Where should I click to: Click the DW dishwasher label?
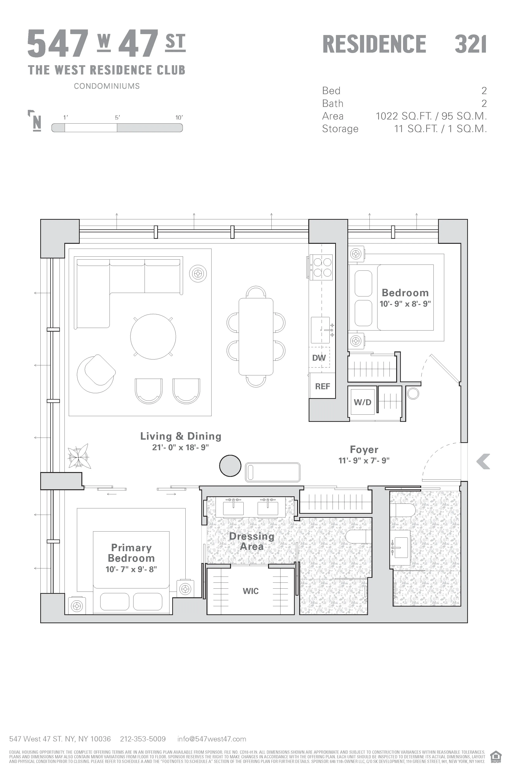(x=319, y=358)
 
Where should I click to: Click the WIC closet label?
(x=251, y=591)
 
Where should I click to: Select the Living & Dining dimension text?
(x=180, y=447)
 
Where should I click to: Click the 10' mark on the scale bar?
(x=179, y=117)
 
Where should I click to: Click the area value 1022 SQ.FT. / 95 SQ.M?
(x=431, y=116)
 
